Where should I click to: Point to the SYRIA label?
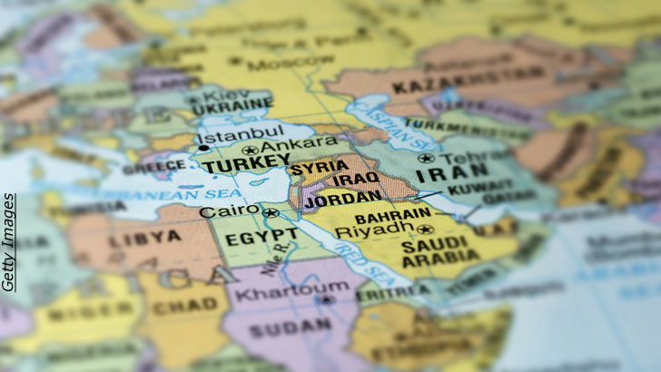[317, 168]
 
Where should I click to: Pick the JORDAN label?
[343, 197]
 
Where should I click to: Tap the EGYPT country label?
[249, 240]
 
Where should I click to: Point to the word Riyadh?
[368, 231]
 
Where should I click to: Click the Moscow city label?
[278, 64]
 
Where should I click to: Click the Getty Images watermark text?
[8, 242]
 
